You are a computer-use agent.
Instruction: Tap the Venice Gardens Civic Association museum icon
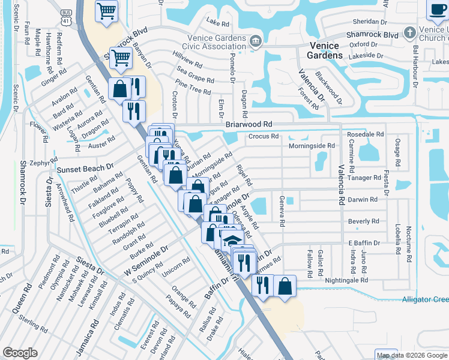coord(256,41)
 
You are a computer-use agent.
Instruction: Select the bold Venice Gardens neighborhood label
coord(326,50)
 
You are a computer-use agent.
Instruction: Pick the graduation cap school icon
coord(232,241)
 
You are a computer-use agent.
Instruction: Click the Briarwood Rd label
coord(249,124)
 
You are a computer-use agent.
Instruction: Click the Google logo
coord(20,352)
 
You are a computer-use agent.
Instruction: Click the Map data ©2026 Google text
coord(412,355)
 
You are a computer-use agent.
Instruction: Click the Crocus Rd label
coord(263,136)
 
